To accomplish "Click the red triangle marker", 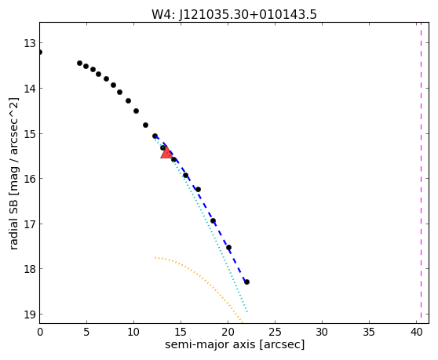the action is pyautogui.click(x=166, y=152).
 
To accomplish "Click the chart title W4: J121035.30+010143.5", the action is pyautogui.click(x=234, y=15).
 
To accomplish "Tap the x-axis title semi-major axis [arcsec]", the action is pyautogui.click(x=235, y=344).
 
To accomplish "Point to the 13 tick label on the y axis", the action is pyautogui.click(x=30, y=44).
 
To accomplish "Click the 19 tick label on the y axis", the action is pyautogui.click(x=30, y=315).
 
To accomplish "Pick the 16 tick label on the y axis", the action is pyautogui.click(x=30, y=179).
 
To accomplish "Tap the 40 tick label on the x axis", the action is pyautogui.click(x=416, y=332).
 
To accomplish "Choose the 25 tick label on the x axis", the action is pyautogui.click(x=276, y=332).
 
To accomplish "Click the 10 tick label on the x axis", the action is pyautogui.click(x=133, y=332).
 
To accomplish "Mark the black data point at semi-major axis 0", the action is pyautogui.click(x=40, y=53).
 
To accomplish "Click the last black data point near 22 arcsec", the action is pyautogui.click(x=246, y=282).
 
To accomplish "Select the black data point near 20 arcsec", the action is pyautogui.click(x=228, y=247).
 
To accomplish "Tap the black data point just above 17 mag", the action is pyautogui.click(x=213, y=220).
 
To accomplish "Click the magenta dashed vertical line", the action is pyautogui.click(x=421, y=173).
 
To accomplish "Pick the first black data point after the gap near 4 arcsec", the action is pyautogui.click(x=79, y=63).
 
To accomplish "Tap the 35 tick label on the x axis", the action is pyautogui.click(x=369, y=332).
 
